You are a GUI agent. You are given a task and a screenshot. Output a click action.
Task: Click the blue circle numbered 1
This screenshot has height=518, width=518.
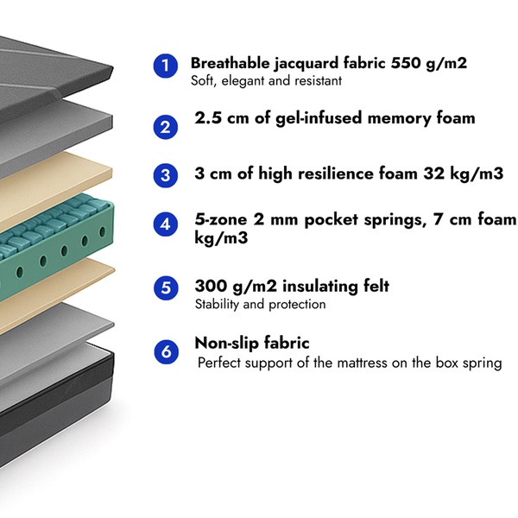(x=166, y=66)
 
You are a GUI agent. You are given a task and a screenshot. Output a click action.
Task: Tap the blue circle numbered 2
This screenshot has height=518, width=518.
(x=166, y=127)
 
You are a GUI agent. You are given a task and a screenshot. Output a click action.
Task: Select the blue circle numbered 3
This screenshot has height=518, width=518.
(x=166, y=175)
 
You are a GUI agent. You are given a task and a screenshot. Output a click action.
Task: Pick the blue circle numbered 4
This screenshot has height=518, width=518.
(x=166, y=224)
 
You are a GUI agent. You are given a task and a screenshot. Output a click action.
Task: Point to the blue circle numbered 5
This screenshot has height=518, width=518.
(x=166, y=287)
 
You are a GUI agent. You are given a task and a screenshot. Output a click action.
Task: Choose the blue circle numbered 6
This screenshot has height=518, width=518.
(x=166, y=352)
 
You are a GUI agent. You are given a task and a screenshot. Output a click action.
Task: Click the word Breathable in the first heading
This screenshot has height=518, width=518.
(x=230, y=63)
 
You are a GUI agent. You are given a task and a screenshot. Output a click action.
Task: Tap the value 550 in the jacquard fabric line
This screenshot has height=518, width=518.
(x=406, y=63)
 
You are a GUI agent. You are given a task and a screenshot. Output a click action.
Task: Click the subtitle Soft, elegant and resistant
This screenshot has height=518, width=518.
(x=266, y=81)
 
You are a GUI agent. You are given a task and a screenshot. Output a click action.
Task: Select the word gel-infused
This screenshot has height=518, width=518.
(x=319, y=118)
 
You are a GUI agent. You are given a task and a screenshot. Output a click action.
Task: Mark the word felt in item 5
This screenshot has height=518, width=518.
(x=376, y=286)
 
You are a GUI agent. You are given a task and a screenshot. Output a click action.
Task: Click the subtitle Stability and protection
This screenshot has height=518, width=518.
(x=261, y=304)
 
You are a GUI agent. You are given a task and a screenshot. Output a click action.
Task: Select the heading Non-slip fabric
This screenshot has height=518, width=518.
(x=252, y=343)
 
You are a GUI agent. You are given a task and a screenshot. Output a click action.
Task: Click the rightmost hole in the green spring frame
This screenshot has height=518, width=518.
(x=103, y=231)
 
